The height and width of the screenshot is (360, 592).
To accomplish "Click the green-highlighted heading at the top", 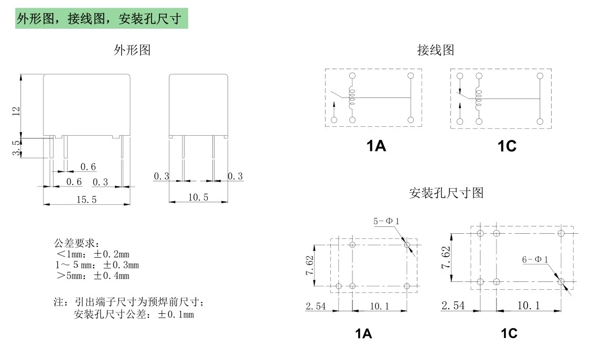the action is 102,18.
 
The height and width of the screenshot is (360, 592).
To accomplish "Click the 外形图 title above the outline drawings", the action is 132,50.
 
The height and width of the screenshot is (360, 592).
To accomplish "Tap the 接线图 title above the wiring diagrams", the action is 436,50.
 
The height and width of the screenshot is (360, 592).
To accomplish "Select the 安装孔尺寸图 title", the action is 446,193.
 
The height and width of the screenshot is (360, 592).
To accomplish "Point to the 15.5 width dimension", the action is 87,199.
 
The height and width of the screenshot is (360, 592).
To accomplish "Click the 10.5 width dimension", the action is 198,197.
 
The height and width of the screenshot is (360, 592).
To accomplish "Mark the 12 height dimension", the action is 16,111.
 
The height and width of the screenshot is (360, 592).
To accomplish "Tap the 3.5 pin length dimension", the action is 16,148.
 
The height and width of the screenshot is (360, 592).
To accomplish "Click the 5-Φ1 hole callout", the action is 386,221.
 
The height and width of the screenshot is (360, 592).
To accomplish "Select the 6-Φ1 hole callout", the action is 535,259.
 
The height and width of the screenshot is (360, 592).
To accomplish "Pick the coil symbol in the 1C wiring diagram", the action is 479,99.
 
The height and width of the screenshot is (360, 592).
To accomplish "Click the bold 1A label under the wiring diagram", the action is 376,146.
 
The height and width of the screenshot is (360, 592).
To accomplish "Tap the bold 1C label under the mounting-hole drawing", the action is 509,333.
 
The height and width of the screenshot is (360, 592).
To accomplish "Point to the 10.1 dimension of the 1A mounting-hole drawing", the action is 380,306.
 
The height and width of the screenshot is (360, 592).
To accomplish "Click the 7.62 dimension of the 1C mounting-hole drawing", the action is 446,257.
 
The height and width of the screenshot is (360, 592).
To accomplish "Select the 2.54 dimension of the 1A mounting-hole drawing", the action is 316,306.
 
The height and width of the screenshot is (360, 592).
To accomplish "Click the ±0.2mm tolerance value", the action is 111,254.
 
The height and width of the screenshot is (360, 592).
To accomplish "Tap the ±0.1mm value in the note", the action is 176,314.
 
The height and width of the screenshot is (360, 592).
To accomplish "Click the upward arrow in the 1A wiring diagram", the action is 334,108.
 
